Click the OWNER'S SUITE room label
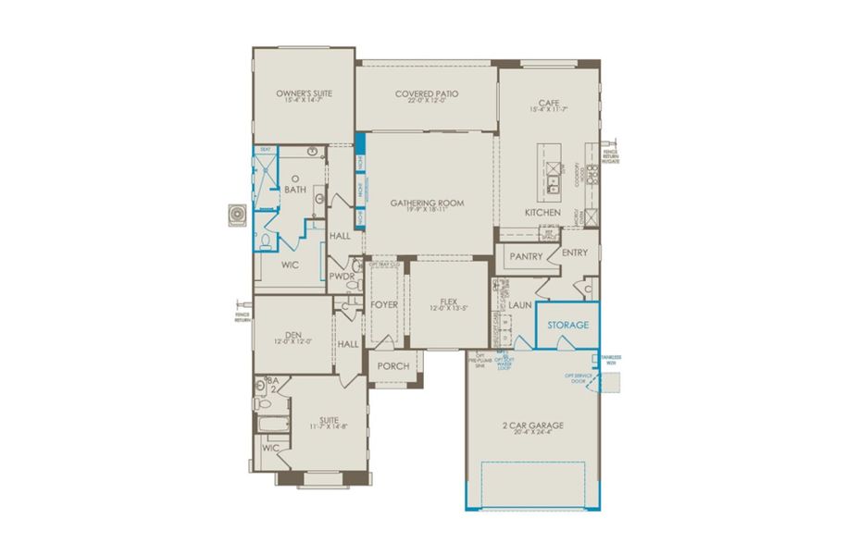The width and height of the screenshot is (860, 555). (x=304, y=94)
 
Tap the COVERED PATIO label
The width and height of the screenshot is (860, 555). (x=427, y=94)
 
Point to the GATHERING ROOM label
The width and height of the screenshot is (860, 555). (x=427, y=203)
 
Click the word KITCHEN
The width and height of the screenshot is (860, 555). (x=543, y=213)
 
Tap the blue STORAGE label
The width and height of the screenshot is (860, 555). (x=567, y=326)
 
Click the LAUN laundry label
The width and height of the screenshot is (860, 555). (x=520, y=303)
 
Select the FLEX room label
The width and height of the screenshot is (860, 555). (x=448, y=301)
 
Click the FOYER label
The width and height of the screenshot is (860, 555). (x=384, y=303)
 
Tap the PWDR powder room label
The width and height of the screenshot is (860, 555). (x=342, y=275)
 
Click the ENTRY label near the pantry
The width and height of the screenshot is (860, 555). (x=575, y=253)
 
